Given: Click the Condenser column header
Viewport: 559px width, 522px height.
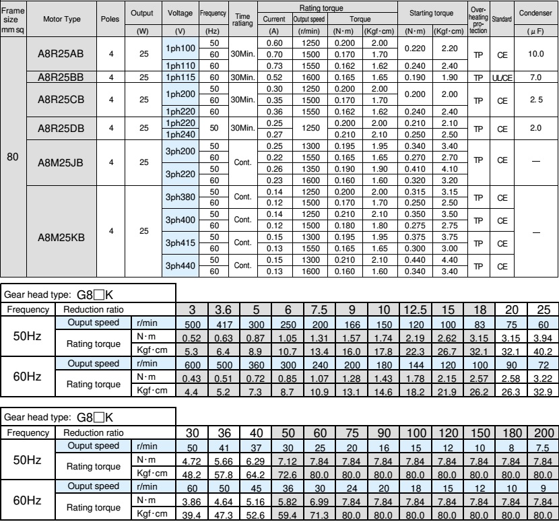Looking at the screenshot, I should point(535,13).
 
